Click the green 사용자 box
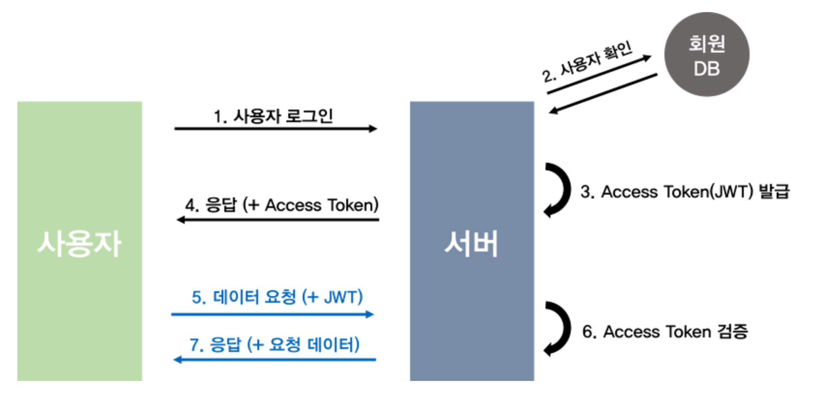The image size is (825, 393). [x=80, y=241]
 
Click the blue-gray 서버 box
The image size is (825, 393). [x=471, y=241]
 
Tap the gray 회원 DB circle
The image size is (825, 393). [x=707, y=55]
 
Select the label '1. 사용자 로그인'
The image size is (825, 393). [x=273, y=116]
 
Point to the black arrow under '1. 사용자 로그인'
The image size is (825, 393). [x=276, y=129]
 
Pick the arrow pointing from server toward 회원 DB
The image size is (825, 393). [x=600, y=74]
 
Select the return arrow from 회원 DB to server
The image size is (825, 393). [x=603, y=94]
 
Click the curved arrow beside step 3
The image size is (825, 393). [x=559, y=190]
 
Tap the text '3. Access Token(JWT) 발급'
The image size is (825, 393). [x=685, y=192]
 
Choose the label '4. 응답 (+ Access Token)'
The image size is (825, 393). [x=281, y=205]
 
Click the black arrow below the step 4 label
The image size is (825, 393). [x=278, y=220]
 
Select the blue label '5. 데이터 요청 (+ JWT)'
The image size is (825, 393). [x=277, y=297]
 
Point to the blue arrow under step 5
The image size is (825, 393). [x=272, y=315]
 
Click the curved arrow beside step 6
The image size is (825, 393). [x=559, y=329]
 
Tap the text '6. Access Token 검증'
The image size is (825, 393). [x=665, y=332]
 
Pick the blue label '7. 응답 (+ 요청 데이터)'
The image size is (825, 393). [x=274, y=345]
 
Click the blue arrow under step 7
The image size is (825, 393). [x=274, y=360]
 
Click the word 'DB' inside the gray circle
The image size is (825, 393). [x=707, y=69]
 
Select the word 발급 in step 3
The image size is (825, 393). [x=774, y=191]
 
